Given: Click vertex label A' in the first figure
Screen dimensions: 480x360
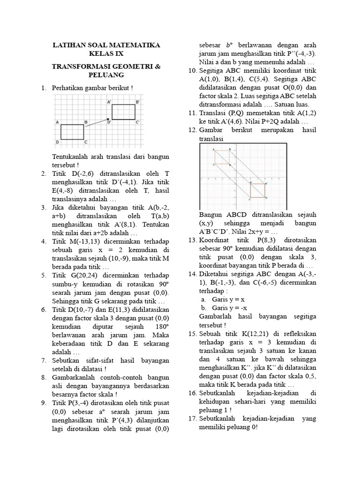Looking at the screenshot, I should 109,101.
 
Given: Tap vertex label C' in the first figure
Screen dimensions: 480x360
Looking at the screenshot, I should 138,122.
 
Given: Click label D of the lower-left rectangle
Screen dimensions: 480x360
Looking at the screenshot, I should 57,142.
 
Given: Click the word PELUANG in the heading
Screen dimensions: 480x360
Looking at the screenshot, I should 105,75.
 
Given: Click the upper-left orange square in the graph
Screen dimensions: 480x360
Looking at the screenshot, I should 222,157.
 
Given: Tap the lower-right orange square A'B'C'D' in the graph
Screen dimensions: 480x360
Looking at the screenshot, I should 258,190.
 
